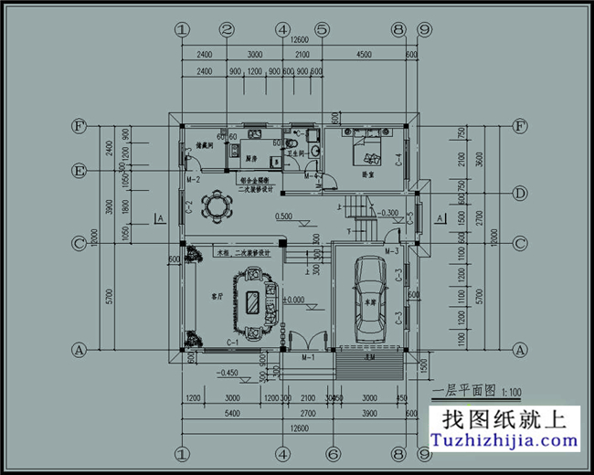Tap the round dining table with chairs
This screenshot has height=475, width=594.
(216, 205)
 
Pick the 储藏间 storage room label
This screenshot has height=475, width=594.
(203, 146)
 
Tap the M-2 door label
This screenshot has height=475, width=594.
(194, 180)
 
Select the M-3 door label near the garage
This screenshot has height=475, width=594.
(392, 250)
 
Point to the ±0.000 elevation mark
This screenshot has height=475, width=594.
(293, 301)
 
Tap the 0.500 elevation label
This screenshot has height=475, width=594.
(283, 216)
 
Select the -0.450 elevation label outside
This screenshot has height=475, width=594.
(228, 373)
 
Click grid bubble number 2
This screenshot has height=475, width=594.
(228, 29)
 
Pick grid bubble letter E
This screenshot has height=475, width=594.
(80, 171)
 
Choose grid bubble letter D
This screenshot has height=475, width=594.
(521, 193)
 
